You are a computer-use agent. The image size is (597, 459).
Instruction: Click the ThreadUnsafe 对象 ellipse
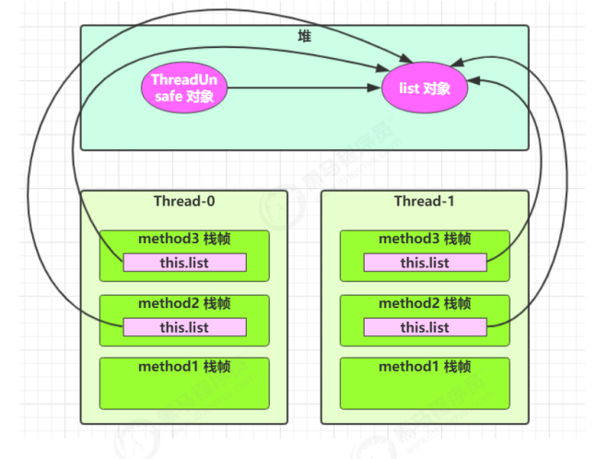click(184, 88)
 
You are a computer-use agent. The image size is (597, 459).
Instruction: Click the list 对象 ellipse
click(425, 88)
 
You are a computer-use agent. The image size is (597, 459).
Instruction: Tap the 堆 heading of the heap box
click(304, 37)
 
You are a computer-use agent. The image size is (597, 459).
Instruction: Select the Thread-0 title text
click(184, 201)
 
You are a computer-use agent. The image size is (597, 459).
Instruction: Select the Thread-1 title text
click(424, 201)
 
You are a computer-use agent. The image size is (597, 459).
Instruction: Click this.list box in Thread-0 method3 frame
click(184, 263)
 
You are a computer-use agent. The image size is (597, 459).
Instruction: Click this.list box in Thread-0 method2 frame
click(184, 327)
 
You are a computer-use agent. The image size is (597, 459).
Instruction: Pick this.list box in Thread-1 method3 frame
click(426, 263)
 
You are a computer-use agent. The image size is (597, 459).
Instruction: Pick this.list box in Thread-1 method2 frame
click(426, 327)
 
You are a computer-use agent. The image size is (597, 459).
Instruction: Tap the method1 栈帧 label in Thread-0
click(184, 367)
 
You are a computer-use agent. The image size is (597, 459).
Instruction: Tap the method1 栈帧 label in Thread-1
click(425, 367)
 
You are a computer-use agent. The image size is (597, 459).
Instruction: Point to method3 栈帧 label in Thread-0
click(184, 239)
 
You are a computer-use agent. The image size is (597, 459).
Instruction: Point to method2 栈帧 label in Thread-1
click(425, 303)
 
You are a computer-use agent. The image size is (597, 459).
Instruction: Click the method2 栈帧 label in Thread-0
click(184, 303)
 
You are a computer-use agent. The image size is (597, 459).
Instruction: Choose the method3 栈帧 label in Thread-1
click(425, 239)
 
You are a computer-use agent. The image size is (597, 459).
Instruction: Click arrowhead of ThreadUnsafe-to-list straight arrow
click(375, 88)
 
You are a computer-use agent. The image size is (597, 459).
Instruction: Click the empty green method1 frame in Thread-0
click(184, 383)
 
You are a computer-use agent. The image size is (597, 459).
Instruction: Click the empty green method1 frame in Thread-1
click(425, 383)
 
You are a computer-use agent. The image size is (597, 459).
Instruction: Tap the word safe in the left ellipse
click(169, 97)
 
